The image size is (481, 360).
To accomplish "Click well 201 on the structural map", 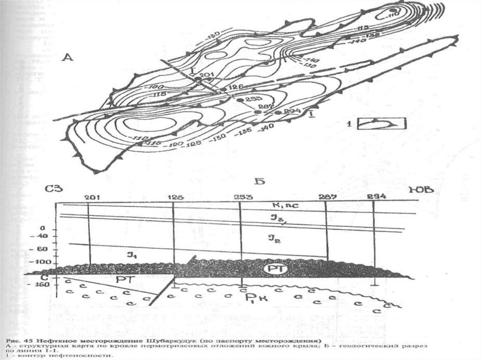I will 198,80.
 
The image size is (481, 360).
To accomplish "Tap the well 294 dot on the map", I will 278,113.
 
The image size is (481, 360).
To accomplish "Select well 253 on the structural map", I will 239,100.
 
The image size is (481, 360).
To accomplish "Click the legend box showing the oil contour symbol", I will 381,123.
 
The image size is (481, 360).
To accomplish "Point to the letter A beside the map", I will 69,58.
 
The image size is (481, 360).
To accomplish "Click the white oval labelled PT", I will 273,269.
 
